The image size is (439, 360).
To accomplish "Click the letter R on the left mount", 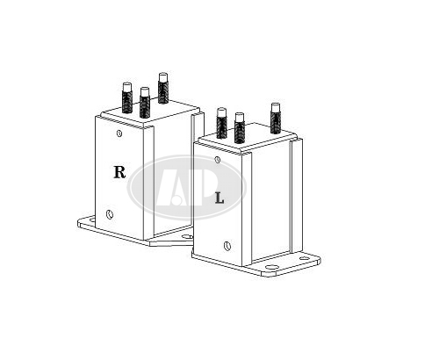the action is click(119, 172).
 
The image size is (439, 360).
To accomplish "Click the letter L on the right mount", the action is click(219, 198).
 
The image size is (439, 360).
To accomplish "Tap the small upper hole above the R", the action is click(119, 133).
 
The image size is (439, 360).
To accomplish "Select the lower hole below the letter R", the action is click(110, 214).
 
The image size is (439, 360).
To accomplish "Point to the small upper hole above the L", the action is click(218, 160).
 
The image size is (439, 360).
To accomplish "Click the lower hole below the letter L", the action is click(227, 246).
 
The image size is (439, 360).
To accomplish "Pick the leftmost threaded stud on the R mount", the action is click(126, 98).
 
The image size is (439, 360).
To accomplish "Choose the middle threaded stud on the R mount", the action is click(145, 102).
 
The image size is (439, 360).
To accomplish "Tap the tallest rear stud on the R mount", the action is click(163, 88).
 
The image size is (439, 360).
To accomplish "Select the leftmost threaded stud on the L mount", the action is click(222, 123).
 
